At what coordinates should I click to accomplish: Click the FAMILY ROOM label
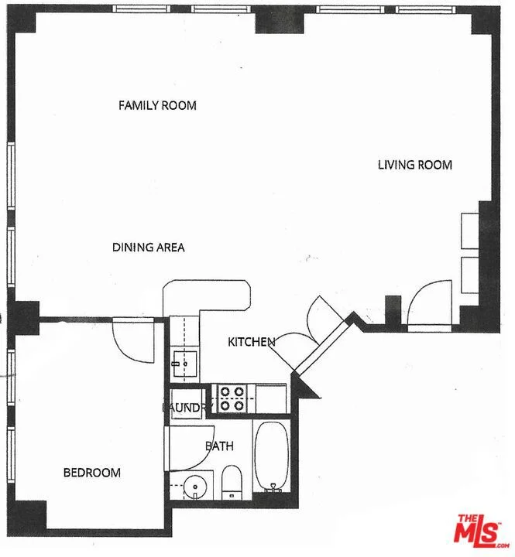(157, 105)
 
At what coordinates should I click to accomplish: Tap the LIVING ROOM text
(414, 165)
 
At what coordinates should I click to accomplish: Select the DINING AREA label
(149, 248)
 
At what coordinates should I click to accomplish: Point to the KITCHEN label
(252, 342)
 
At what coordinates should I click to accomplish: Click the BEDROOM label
(91, 473)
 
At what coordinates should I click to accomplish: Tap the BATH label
(219, 446)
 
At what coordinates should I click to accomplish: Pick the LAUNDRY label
(187, 408)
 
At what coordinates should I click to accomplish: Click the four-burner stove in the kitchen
(232, 398)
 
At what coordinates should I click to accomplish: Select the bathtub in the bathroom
(272, 456)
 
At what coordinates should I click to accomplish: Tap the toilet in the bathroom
(232, 483)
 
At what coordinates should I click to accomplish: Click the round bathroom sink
(195, 487)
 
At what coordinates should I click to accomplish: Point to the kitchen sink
(184, 364)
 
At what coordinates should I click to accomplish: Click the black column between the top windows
(280, 20)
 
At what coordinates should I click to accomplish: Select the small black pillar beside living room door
(393, 309)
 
